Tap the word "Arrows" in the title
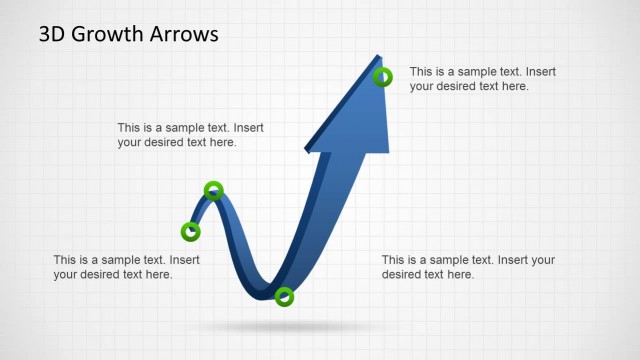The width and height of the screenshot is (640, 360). coord(183,34)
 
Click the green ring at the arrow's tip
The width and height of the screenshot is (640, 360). coord(382,77)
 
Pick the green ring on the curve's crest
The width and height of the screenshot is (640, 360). coord(213,190)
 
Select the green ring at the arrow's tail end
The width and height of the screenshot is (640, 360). coord(191,232)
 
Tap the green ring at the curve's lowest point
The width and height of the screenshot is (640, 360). coord(284,296)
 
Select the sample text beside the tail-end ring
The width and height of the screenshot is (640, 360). coord(126,267)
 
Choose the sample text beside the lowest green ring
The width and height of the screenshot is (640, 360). coord(468,267)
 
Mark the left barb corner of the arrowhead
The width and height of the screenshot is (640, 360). coord(307,150)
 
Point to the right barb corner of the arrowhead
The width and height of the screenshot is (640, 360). coord(388,152)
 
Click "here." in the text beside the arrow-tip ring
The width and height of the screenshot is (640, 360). coord(513,86)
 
